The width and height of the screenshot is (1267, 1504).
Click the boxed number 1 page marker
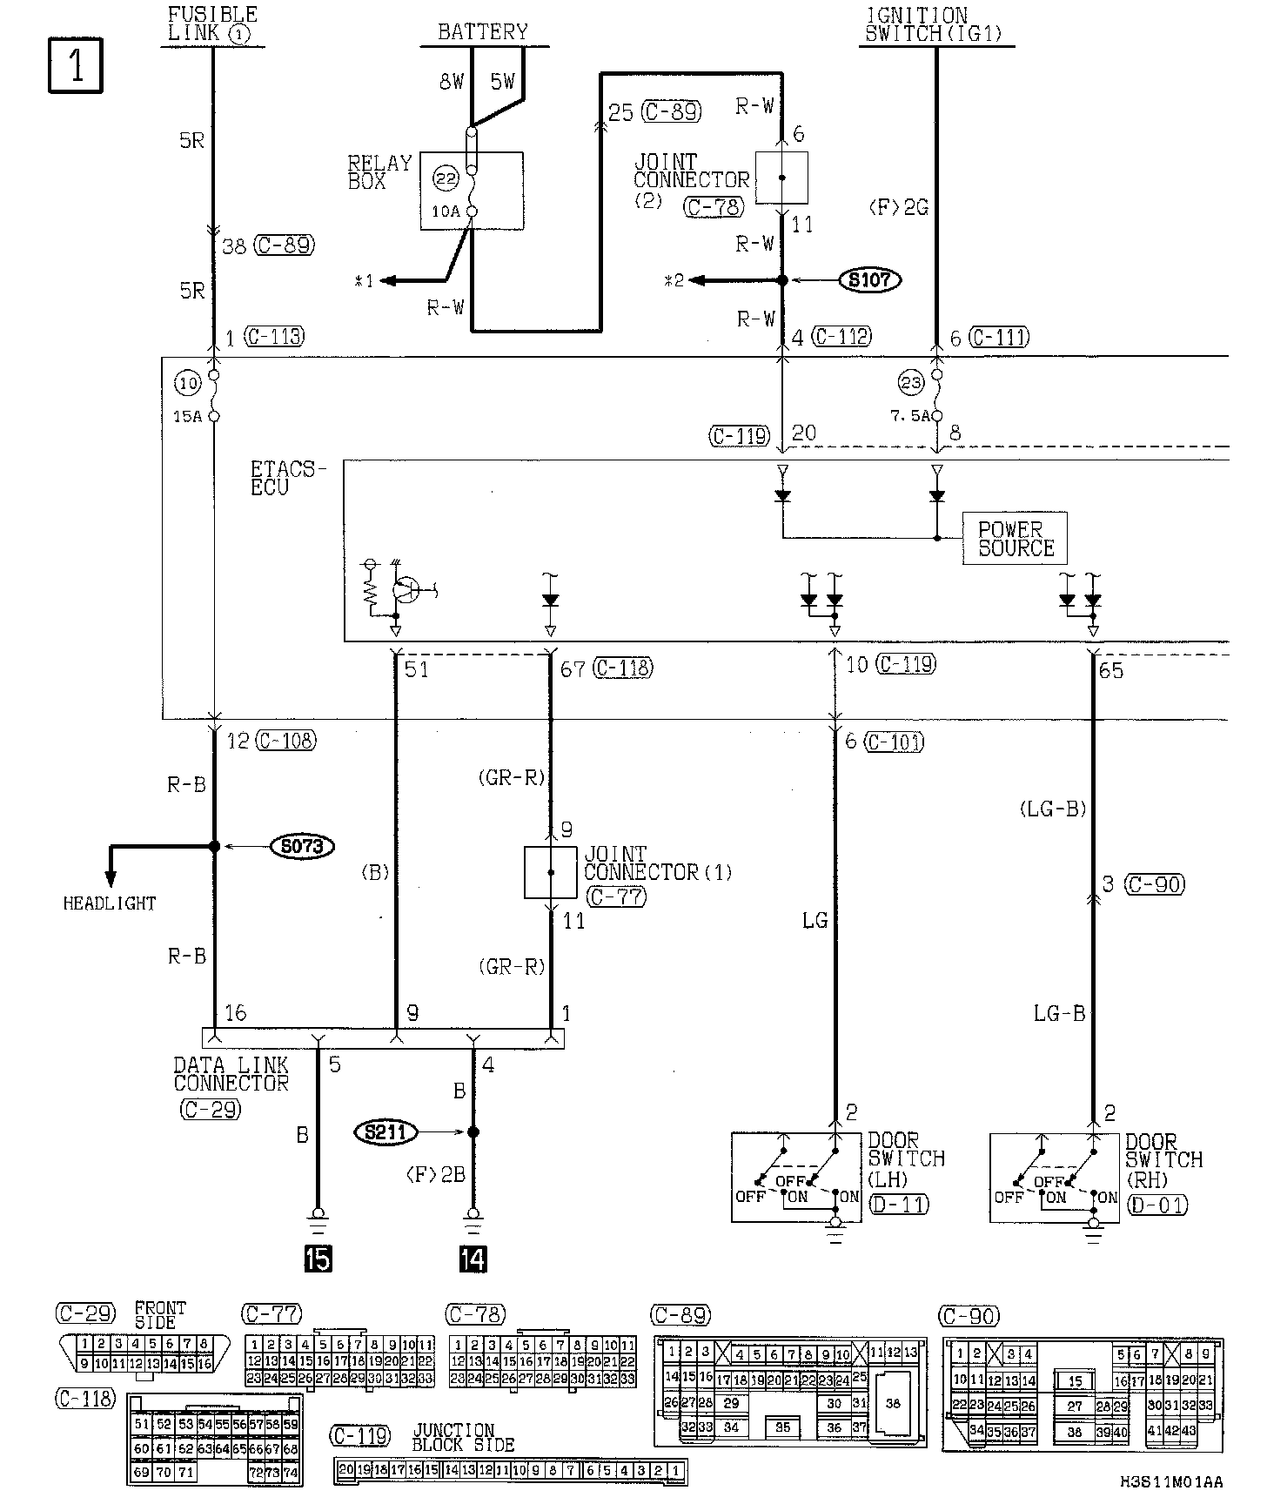coord(75,64)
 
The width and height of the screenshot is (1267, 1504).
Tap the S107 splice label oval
coord(869,280)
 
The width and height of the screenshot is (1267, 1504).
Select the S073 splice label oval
coord(302,846)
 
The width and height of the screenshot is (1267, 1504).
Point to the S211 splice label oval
coord(385,1132)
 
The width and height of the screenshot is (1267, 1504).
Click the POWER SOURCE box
coord(1015,539)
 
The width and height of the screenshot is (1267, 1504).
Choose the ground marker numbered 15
coord(318,1259)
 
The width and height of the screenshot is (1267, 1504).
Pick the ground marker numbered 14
coord(473,1259)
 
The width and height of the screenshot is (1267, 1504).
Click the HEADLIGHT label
coord(110,903)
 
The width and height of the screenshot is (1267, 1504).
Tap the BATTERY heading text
coord(483,32)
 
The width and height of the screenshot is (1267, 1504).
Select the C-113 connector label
coord(275,337)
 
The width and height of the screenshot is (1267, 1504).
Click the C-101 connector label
coord(895,742)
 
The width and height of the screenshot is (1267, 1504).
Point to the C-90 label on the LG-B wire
coord(1156,884)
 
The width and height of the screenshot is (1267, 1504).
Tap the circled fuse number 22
coord(446,178)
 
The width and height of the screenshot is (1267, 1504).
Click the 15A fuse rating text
coord(187,417)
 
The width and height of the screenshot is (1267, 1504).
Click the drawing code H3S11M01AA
coord(1171,1481)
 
